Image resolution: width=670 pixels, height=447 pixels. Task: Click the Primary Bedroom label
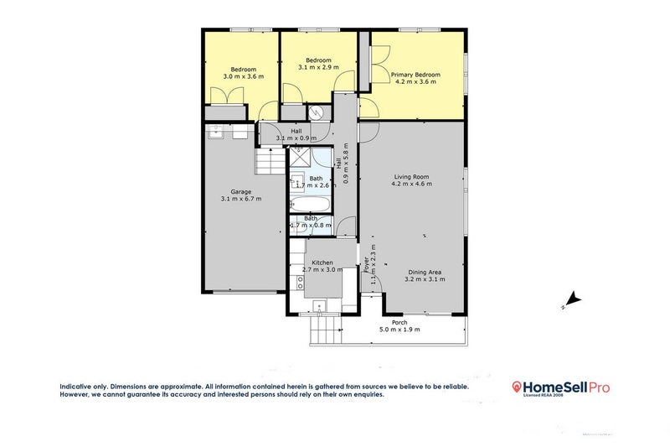coord(416,75)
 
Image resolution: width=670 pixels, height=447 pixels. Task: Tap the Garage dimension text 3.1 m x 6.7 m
coord(240,199)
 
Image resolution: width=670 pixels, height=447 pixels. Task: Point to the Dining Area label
coord(425,272)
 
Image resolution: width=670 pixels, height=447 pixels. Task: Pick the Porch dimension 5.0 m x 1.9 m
coord(399,330)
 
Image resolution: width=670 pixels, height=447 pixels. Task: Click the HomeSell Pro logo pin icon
coord(517,387)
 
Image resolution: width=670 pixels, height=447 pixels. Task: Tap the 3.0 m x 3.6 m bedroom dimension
coord(243,76)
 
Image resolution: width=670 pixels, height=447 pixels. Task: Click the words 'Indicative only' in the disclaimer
coord(83,387)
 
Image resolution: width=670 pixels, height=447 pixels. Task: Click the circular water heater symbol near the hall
coord(317,114)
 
